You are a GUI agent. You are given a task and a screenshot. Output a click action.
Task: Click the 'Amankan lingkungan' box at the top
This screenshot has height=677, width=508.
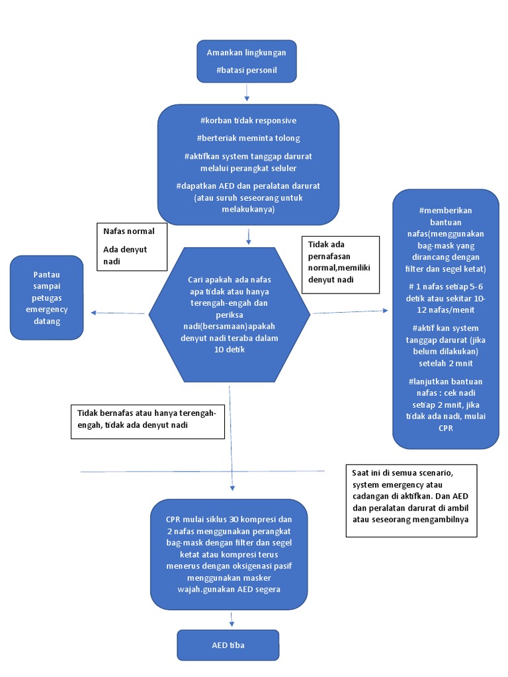[x=246, y=61]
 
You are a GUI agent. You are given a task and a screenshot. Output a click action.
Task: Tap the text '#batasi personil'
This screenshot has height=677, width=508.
[x=246, y=69]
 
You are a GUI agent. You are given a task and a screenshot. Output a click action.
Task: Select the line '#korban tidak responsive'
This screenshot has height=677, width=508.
[x=248, y=120]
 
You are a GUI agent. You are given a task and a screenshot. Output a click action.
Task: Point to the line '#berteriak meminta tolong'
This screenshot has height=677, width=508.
[x=248, y=138]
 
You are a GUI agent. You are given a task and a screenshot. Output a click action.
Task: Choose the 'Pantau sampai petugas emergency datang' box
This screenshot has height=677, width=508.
[x=46, y=298]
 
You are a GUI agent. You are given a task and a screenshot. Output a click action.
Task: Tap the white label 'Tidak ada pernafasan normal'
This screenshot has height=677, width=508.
[x=339, y=264]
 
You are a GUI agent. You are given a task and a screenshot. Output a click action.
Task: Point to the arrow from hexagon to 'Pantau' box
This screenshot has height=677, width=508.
[x=119, y=313]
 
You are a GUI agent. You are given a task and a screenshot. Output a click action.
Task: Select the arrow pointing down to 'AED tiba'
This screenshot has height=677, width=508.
[x=232, y=619]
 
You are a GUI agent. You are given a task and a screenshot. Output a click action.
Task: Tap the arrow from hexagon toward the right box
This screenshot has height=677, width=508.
[x=351, y=311]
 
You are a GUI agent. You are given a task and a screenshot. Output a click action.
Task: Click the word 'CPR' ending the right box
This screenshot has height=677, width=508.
[x=445, y=428]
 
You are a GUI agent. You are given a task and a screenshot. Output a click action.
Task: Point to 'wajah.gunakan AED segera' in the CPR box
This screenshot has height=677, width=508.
[x=229, y=589]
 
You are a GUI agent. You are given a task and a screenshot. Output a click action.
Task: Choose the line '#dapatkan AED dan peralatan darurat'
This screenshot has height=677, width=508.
[x=248, y=186]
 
